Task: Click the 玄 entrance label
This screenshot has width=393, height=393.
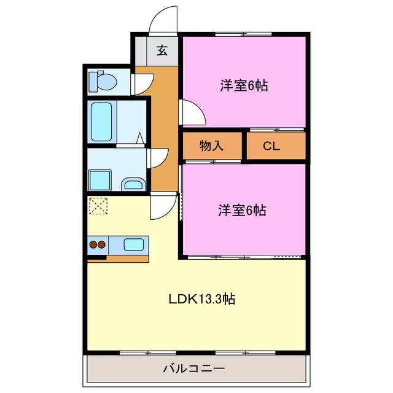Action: (x=162, y=50)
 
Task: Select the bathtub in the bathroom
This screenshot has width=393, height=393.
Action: (x=101, y=121)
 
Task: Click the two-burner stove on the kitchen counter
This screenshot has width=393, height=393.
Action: (x=98, y=245)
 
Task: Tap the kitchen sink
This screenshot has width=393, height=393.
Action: (x=134, y=244)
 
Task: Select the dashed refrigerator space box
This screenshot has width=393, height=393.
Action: (x=98, y=207)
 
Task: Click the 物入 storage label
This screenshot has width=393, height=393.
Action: (x=211, y=146)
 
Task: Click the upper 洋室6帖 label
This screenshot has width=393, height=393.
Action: (x=244, y=86)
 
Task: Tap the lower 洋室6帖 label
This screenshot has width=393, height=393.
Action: (x=242, y=211)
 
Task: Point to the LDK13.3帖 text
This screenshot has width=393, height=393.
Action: (x=202, y=299)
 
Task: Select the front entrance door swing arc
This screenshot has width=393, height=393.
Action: (x=163, y=18)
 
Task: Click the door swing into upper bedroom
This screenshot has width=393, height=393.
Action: (x=192, y=112)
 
